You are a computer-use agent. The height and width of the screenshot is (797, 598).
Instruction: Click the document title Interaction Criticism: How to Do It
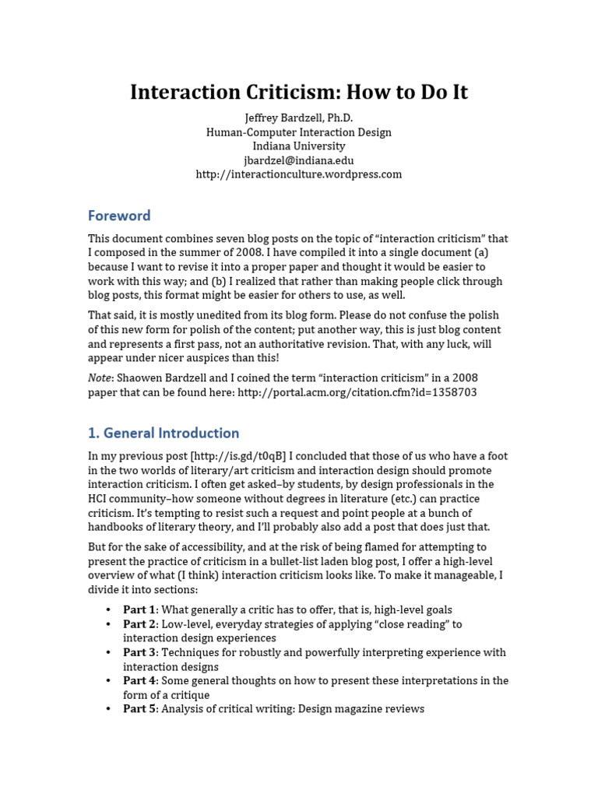pyautogui.click(x=298, y=92)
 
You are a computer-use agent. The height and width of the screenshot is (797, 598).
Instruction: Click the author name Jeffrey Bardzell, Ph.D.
pyautogui.click(x=298, y=118)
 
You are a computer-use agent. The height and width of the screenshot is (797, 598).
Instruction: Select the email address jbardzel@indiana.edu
pyautogui.click(x=298, y=160)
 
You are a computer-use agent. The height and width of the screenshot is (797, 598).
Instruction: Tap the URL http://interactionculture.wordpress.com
pyautogui.click(x=298, y=174)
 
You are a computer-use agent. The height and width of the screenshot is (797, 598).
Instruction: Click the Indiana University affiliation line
pyautogui.click(x=298, y=146)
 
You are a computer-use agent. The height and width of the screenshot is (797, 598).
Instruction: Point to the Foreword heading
pyautogui.click(x=119, y=216)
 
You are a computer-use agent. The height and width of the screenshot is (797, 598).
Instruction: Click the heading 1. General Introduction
pyautogui.click(x=164, y=433)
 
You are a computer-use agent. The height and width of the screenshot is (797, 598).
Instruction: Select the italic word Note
pyautogui.click(x=100, y=378)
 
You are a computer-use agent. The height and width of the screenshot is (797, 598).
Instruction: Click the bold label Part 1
pyautogui.click(x=139, y=610)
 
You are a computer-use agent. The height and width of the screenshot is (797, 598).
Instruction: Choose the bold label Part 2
pyautogui.click(x=139, y=624)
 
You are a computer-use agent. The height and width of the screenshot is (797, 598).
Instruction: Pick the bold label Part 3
pyautogui.click(x=139, y=652)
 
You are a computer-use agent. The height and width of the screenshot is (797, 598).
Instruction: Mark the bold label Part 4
pyautogui.click(x=139, y=680)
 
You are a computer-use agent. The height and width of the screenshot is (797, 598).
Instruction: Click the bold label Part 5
pyautogui.click(x=139, y=709)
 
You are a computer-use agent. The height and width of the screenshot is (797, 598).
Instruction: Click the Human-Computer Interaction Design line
pyautogui.click(x=298, y=132)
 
